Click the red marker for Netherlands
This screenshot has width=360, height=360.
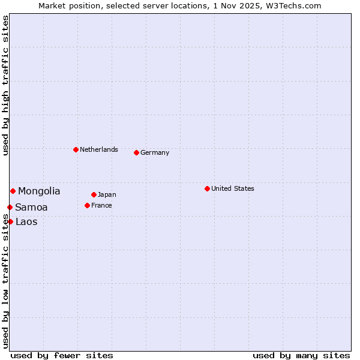point(76,149)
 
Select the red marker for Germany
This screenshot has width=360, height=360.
point(136,152)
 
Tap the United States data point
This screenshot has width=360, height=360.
point(207,188)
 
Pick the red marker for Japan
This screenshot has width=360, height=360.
point(94,194)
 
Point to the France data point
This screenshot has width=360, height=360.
point(87,205)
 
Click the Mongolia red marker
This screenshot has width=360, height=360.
point(13,191)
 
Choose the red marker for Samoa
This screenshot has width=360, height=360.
point(10,207)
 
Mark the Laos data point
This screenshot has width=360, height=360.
point(10,221)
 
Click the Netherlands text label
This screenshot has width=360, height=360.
point(99,149)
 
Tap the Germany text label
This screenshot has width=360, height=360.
point(155,152)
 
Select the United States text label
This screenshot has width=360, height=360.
point(233,188)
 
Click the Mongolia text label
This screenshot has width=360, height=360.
point(39,191)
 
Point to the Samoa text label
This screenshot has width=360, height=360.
point(31,208)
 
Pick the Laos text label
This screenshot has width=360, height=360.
point(26,222)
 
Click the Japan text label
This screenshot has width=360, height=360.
point(107,194)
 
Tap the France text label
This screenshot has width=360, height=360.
point(101,205)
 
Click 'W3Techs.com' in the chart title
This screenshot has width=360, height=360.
point(293,5)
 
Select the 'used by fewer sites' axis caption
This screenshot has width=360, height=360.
point(62,355)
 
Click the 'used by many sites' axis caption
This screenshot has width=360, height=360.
point(301,355)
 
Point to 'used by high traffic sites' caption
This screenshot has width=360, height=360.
point(5,85)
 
